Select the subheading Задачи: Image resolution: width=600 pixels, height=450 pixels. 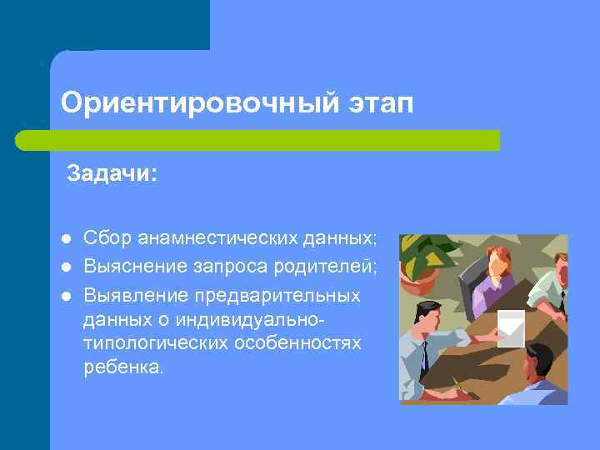point(112,174)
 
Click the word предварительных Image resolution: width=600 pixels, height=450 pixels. point(277,295)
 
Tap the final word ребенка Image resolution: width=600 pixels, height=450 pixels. point(124,367)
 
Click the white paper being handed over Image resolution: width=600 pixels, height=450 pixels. point(510,327)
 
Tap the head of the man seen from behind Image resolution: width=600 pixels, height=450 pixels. point(539,361)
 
